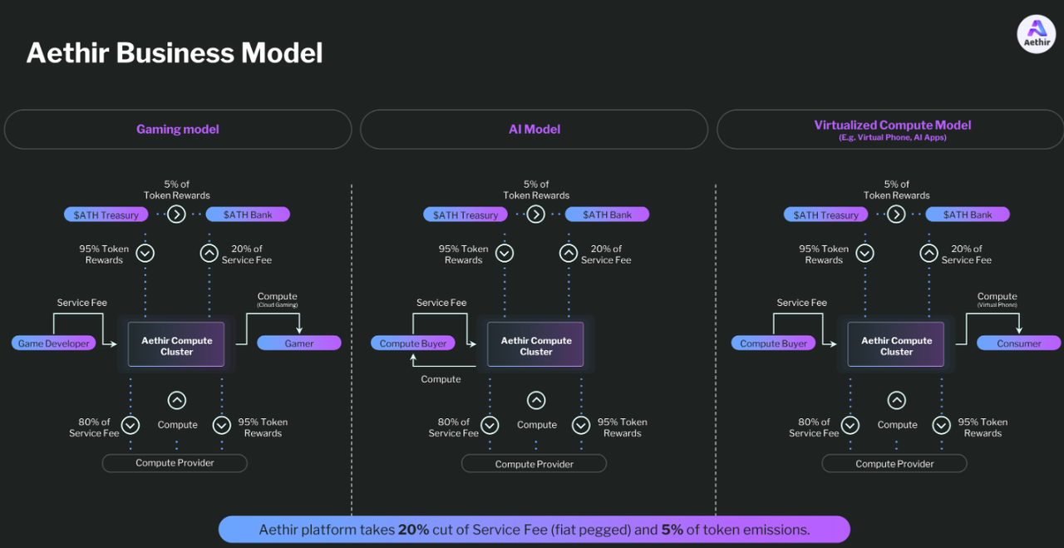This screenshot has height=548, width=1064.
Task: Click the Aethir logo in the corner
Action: [x=1036, y=34]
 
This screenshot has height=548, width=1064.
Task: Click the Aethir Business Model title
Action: [x=175, y=53]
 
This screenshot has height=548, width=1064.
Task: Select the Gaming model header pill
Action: [x=178, y=130]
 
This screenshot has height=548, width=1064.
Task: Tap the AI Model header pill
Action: [x=534, y=130]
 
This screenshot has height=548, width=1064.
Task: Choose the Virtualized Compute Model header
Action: [x=892, y=130]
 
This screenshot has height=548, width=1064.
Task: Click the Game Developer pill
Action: [x=54, y=343]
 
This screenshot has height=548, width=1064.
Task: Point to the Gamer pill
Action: [x=299, y=343]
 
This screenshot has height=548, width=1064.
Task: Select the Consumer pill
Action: [x=1018, y=343]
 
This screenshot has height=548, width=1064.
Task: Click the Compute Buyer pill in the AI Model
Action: [x=413, y=343]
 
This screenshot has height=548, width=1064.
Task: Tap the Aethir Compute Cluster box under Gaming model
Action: [x=176, y=345]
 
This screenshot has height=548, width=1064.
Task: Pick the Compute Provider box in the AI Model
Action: [x=534, y=464]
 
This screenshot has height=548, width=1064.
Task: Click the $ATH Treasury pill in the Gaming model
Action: [x=106, y=215]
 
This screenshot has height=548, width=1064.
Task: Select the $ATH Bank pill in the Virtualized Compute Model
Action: [x=968, y=215]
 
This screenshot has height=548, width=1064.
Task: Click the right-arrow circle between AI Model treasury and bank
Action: [x=536, y=215]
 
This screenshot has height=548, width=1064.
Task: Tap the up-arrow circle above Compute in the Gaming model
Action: [x=176, y=401]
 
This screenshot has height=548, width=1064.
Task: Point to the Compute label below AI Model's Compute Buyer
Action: [x=441, y=379]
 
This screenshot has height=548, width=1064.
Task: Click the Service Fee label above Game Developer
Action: [x=81, y=303]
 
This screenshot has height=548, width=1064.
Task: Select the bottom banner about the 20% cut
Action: [x=534, y=530]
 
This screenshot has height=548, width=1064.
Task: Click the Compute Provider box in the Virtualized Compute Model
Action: [x=894, y=464]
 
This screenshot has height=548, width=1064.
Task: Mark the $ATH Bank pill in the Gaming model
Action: [x=248, y=215]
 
